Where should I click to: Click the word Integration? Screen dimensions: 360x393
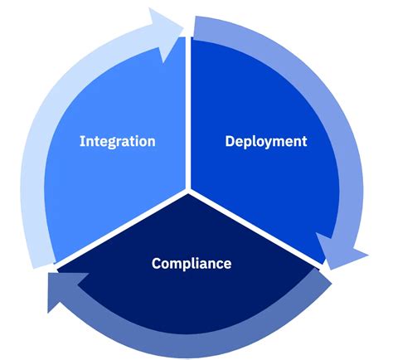(x=117, y=141)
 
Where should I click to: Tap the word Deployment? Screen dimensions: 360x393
(x=266, y=141)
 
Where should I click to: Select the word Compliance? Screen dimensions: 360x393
(x=192, y=264)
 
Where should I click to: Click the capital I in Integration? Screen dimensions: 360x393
(x=82, y=141)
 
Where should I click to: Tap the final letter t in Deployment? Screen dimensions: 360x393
(x=303, y=141)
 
